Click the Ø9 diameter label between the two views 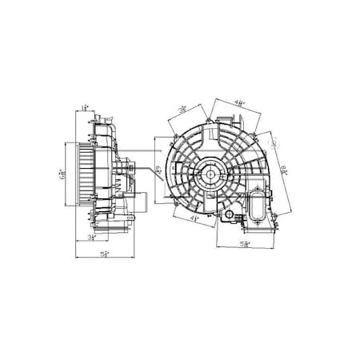[158, 170]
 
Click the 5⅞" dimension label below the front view [246, 242]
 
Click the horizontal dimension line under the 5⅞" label [246, 248]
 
